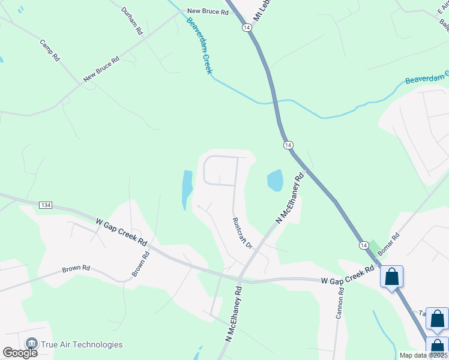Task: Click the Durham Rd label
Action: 131,20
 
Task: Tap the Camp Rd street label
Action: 50,51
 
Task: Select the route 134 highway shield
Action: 45,205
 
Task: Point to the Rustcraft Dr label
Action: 241,233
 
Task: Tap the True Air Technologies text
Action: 82,344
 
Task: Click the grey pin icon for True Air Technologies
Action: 32,344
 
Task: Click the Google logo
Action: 20,352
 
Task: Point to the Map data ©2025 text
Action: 423,355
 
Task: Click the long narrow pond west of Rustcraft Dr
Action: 187,189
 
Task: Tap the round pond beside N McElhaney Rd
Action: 274,180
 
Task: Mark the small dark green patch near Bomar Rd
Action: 374,247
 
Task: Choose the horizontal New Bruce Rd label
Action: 208,11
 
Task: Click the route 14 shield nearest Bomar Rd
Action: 364,245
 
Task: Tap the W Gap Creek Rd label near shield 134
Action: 121,232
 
